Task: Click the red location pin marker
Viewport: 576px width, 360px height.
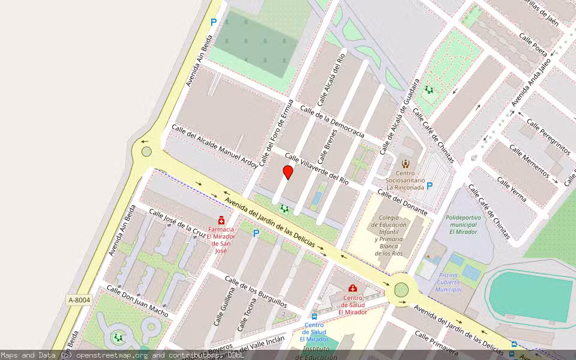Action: click(288, 173)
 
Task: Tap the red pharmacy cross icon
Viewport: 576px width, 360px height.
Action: click(221, 221)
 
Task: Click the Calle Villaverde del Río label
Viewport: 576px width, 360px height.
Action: click(316, 169)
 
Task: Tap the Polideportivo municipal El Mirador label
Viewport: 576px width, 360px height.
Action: click(463, 224)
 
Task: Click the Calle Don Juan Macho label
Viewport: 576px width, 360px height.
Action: click(137, 300)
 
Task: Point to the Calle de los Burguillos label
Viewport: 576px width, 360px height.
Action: click(255, 290)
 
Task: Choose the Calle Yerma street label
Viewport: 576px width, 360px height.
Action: click(511, 189)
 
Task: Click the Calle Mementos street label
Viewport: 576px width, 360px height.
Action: click(528, 161)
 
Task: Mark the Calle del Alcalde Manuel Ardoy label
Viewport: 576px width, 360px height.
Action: click(214, 146)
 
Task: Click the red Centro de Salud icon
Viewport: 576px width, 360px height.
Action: click(353, 288)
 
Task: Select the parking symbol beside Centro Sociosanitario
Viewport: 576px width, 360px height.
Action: click(430, 186)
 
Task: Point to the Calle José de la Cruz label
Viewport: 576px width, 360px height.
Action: click(177, 223)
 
